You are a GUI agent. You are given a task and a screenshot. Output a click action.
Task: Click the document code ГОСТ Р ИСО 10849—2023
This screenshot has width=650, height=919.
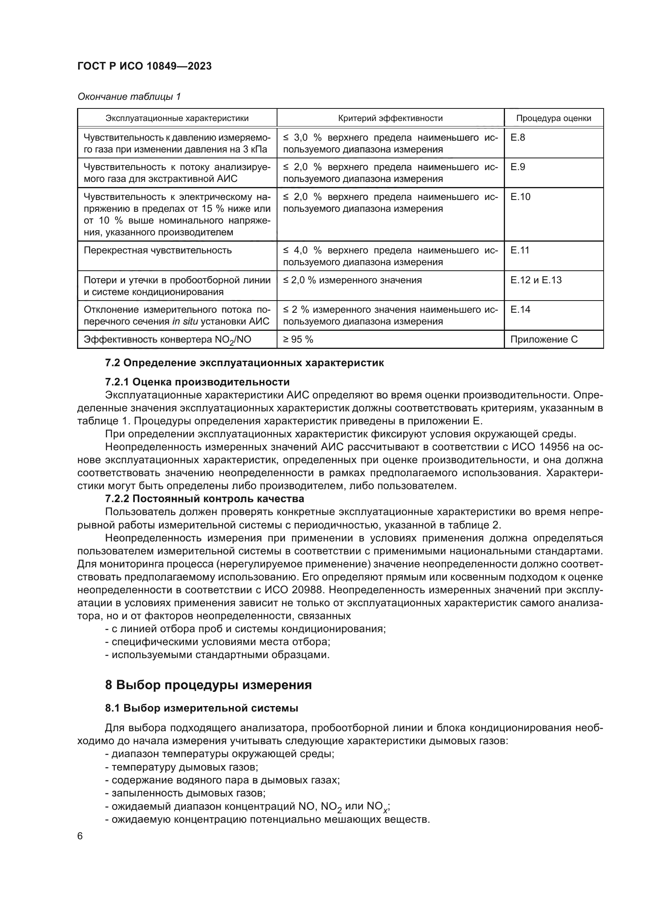(x=144, y=66)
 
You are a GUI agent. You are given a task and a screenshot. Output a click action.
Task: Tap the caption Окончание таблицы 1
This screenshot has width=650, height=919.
(x=129, y=97)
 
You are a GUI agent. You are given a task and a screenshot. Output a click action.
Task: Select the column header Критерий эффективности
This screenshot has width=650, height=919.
(x=390, y=118)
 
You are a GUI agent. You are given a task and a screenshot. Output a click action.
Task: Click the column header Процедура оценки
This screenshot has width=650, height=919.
(x=553, y=118)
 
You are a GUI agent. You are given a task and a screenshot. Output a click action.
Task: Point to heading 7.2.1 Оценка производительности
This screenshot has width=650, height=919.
(x=197, y=382)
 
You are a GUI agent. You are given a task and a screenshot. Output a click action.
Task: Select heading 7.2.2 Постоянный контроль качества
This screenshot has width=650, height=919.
(x=204, y=499)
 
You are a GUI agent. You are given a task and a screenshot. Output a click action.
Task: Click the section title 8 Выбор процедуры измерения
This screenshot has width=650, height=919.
(x=208, y=685)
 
